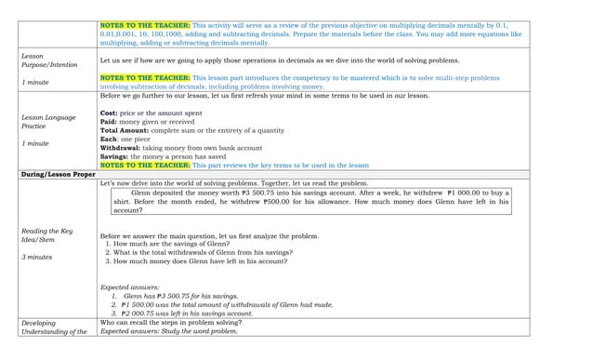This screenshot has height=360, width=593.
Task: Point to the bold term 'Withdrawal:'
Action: (120, 147)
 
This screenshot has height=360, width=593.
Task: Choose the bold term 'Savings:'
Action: (115, 156)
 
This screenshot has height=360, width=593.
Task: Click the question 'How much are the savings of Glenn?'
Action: (173, 243)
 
